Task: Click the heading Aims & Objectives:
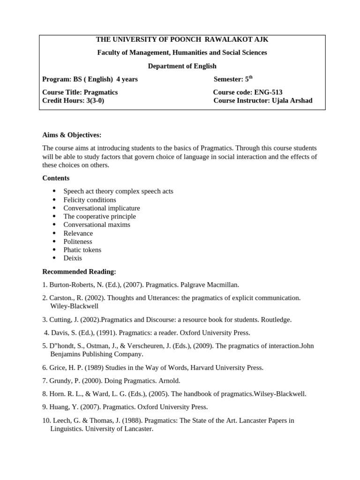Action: coord(72,135)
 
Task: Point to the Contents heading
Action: coord(56,178)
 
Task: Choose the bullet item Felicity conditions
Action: coord(90,200)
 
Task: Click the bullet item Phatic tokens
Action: coord(82,250)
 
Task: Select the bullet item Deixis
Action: coord(73,258)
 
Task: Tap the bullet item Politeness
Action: coord(78,241)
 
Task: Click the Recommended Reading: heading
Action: coord(79,272)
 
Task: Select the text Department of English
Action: coord(182,66)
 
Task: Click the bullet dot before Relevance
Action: coord(54,233)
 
